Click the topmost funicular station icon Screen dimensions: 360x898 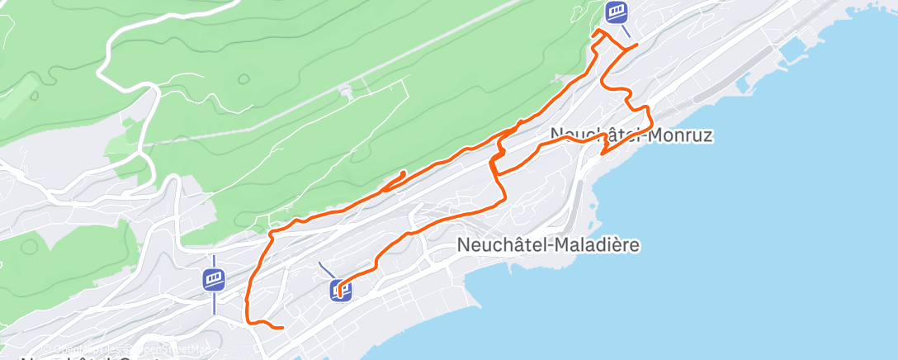coord(616,12)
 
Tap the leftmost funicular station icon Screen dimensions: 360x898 coord(214,278)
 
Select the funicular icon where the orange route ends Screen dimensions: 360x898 coord(340,290)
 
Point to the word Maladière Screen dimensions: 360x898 coord(591,244)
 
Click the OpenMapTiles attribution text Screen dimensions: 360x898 coord(79,348)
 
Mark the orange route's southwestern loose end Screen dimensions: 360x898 coord(282,328)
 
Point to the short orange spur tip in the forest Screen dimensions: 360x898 coord(403,173)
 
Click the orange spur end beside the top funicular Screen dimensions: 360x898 coord(636,44)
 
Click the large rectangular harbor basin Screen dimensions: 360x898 coord(792,50)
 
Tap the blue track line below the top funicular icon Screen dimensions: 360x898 coord(626,31)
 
